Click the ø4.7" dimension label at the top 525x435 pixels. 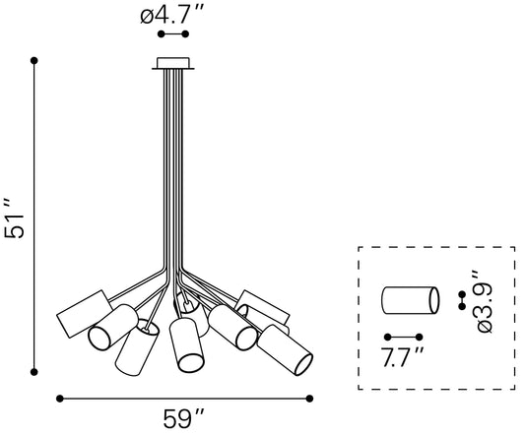coord(173,16)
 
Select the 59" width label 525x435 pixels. coord(185,419)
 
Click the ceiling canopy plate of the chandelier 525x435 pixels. coord(173,65)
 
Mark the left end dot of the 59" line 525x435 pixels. coord(60,398)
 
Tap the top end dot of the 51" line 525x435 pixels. coord(34,60)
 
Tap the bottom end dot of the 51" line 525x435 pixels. coord(34,372)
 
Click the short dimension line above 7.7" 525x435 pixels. coord(405,335)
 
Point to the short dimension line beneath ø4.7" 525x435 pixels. coord(173,34)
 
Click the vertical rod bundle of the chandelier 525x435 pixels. coord(173,177)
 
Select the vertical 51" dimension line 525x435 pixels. coord(34,217)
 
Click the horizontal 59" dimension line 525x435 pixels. coord(185,398)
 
